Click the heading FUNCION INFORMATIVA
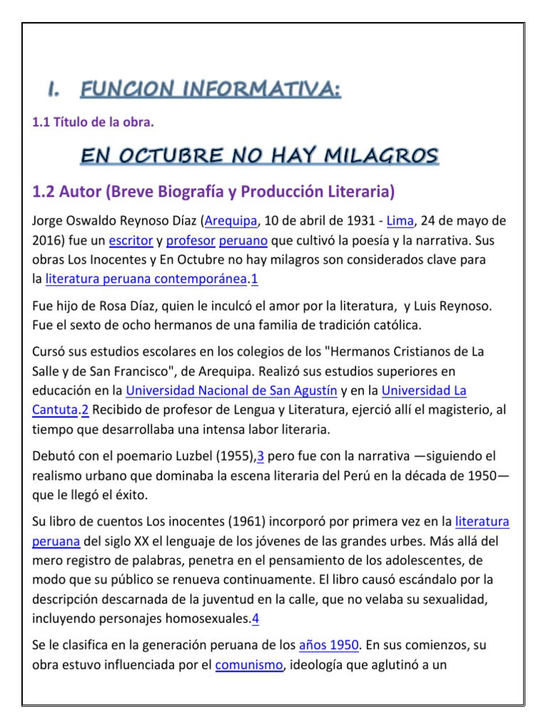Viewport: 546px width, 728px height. (210, 90)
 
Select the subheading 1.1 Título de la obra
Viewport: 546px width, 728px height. (93, 123)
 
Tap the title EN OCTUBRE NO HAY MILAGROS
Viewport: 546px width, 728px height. (259, 156)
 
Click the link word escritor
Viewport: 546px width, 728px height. (131, 240)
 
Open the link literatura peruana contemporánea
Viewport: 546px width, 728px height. (146, 280)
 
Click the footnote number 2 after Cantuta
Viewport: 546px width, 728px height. (84, 410)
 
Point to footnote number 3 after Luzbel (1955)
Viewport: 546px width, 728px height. (261, 456)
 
